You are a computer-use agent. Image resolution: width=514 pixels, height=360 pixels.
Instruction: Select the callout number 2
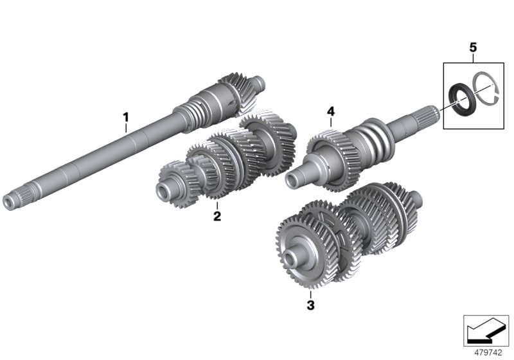tap(217, 216)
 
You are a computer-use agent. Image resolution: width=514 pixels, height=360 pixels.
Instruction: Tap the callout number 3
tap(310, 305)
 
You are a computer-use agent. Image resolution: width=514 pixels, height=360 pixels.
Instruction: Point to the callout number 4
tap(331, 112)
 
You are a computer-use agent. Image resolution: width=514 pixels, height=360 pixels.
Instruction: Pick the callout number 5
tap(474, 47)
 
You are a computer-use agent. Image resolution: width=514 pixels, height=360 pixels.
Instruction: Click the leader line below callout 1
tap(127, 127)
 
